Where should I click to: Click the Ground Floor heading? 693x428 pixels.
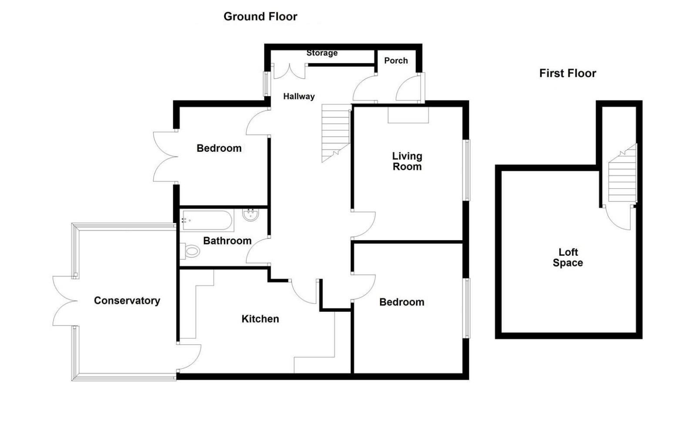click(x=260, y=17)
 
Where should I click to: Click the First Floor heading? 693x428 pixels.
click(x=567, y=73)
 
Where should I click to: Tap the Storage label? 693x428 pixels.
click(x=322, y=53)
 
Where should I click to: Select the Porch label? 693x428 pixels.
click(x=396, y=60)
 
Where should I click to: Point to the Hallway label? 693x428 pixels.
click(x=299, y=96)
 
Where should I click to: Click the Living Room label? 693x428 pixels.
click(x=407, y=161)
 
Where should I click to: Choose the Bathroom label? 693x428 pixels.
click(x=227, y=241)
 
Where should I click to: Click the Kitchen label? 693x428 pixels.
click(x=260, y=319)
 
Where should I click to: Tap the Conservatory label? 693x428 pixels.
click(x=127, y=301)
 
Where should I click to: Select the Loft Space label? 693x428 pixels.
click(x=568, y=257)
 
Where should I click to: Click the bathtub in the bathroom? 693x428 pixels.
click(x=207, y=221)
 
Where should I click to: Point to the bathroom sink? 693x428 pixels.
click(x=251, y=215)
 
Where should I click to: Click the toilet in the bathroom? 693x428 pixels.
click(x=191, y=251)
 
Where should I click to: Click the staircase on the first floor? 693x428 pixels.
click(x=622, y=176)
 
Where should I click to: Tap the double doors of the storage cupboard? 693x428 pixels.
click(x=290, y=71)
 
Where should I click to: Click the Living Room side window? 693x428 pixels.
click(x=466, y=170)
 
